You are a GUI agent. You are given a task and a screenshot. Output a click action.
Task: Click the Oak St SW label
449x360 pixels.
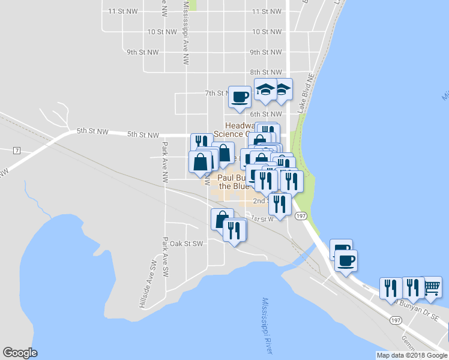coord(187,244)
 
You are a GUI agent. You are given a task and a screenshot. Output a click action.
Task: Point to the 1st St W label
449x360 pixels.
coord(262,218)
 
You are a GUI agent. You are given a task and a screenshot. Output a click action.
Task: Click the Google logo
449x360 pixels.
coord(20,353)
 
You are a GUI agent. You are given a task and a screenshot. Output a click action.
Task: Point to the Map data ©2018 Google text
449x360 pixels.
coord(412,355)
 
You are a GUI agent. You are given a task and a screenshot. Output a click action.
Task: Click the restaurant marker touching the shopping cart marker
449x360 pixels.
coord(413,287)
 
